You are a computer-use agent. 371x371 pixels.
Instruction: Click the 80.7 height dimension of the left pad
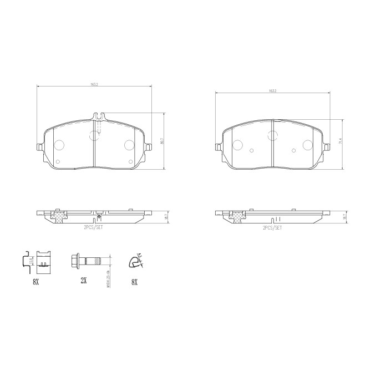162,142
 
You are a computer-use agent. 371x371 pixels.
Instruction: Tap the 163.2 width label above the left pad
93,85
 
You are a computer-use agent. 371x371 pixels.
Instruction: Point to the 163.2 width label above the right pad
272,91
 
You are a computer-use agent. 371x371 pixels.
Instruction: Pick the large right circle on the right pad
307,145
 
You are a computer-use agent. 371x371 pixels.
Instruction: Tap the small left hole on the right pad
251,151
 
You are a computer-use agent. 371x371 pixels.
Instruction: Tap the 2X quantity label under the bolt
84,281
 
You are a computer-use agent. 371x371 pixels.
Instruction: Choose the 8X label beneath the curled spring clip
134,282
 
